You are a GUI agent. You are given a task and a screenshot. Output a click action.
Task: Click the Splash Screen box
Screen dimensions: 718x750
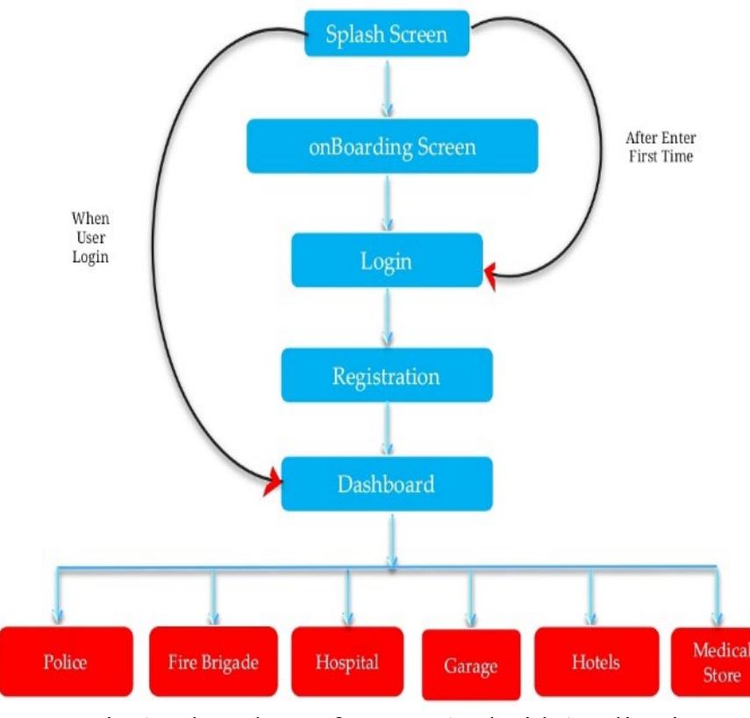coord(386,35)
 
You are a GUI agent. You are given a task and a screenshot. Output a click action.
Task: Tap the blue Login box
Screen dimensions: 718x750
coord(386,259)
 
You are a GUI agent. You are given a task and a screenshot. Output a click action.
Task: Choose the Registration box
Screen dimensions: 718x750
coord(386,376)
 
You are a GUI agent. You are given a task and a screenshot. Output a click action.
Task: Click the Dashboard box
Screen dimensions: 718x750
coord(386,483)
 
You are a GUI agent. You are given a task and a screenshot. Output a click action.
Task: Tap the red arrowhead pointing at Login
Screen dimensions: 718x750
coord(490,278)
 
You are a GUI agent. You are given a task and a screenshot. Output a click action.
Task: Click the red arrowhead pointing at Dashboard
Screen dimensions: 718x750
coord(275,480)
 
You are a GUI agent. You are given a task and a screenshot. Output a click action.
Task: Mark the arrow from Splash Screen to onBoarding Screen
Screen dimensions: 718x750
coord(386,91)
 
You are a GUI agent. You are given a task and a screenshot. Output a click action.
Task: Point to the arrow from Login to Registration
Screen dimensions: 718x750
coord(386,317)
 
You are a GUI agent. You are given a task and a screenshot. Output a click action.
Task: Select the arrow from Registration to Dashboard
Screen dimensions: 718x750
coord(386,430)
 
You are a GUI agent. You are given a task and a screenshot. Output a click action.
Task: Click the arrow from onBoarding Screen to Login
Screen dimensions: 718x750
coord(386,203)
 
